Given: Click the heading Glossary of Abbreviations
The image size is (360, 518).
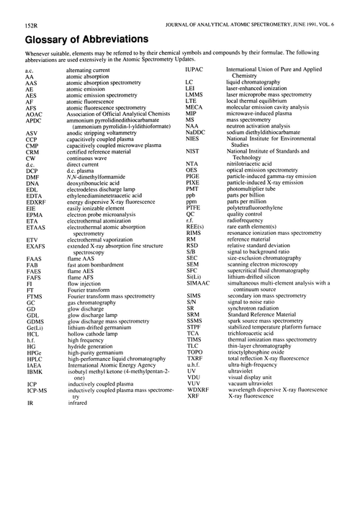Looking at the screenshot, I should [x=77, y=37].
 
